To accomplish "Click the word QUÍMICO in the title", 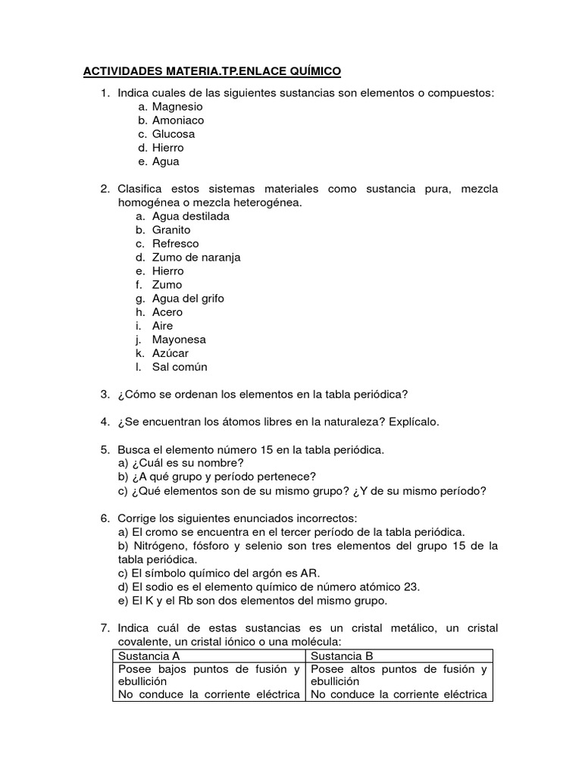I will (311, 72).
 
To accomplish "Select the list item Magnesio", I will (177, 107).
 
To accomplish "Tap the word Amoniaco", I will (178, 120).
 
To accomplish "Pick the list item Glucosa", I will (174, 134).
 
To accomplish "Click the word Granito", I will (171, 230).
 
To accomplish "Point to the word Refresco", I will (175, 243).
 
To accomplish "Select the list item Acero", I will (167, 311).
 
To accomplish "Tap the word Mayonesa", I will (179, 339).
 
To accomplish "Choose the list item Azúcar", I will (171, 353).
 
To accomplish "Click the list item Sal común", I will (180, 367).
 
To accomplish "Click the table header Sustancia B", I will (342, 656).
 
